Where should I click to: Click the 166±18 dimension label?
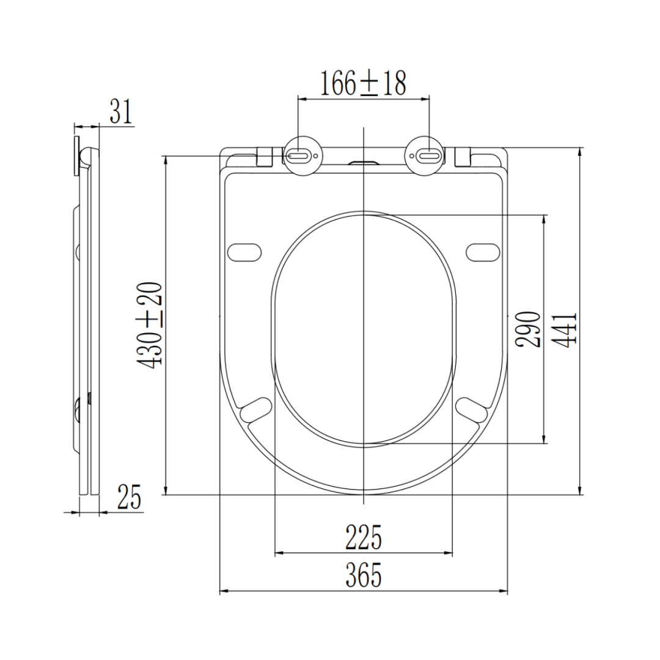pos(363,83)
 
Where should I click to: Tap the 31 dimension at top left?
pos(121,111)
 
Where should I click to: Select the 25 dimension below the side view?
pos(129,497)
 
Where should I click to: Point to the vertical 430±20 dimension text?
pos(149,325)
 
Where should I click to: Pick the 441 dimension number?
pos(564,329)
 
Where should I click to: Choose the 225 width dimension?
pos(363,537)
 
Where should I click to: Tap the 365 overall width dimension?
pos(363,575)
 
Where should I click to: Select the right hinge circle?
pos(424,156)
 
